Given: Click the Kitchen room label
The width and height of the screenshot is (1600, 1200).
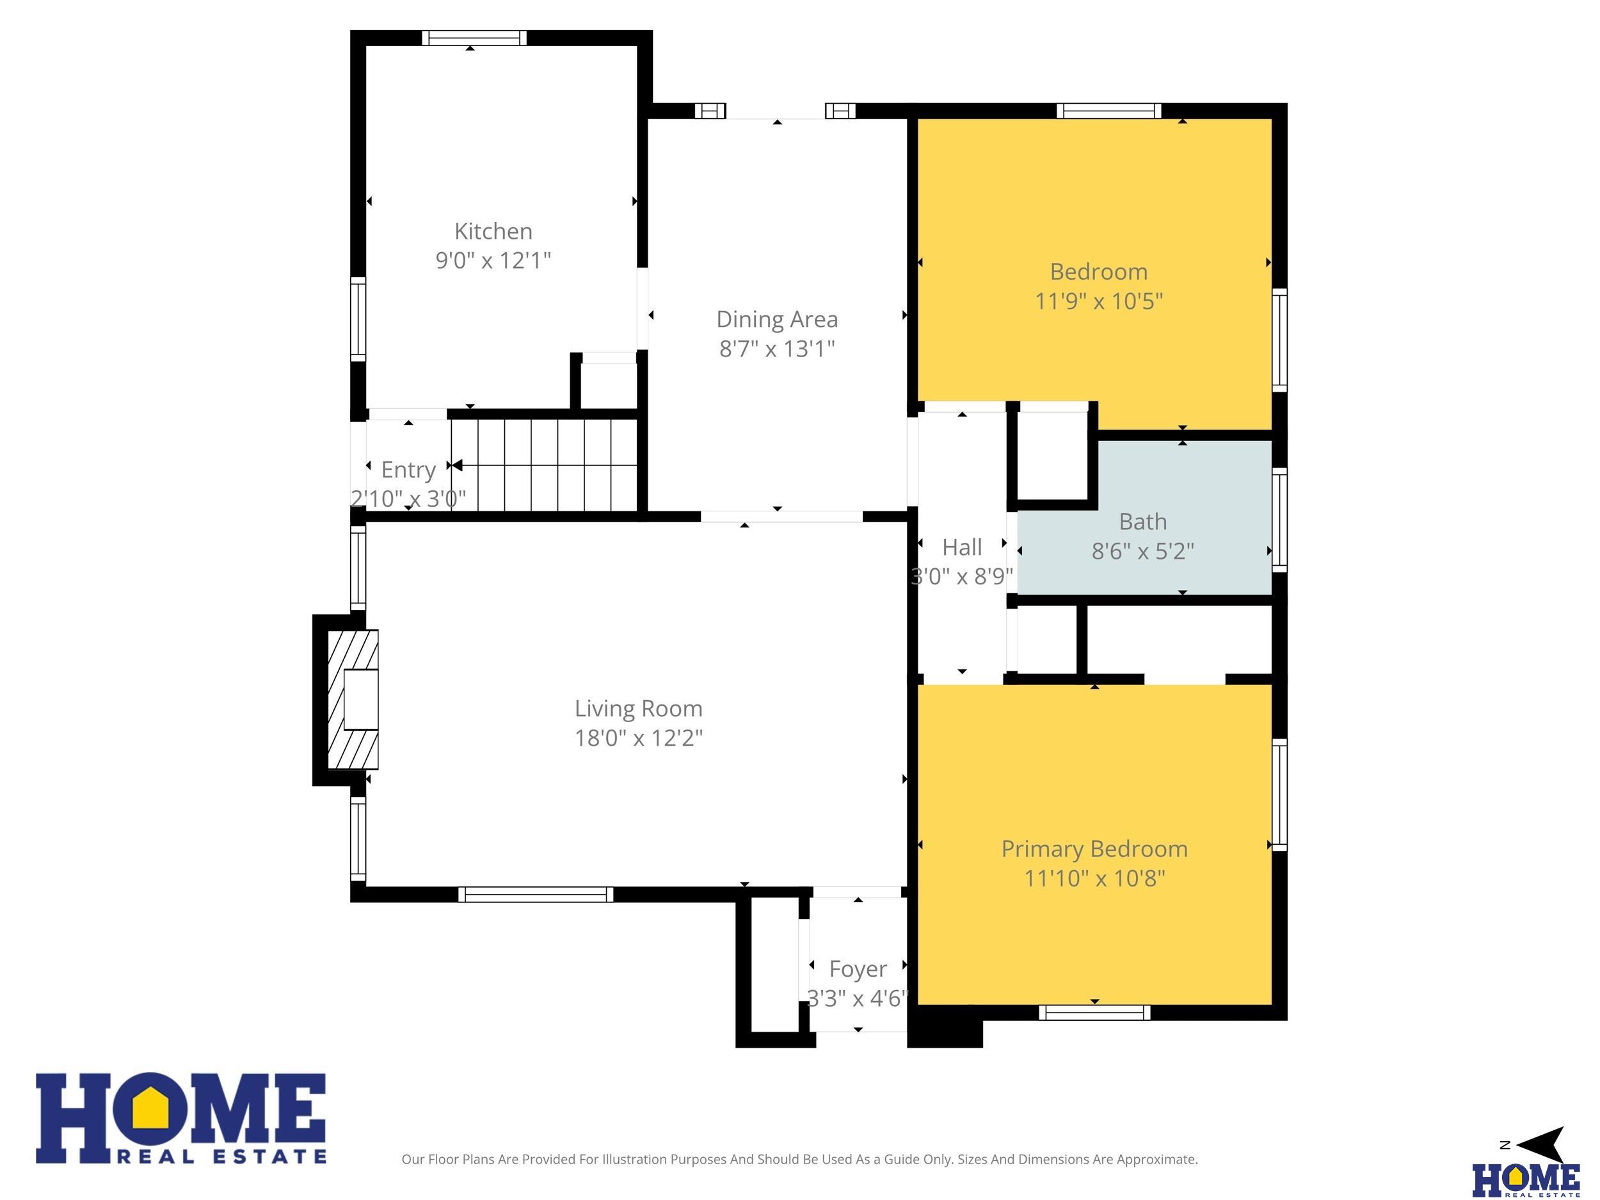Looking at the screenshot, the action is coord(493,232).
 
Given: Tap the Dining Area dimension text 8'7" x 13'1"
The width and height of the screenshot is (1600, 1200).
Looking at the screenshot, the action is coord(777,349).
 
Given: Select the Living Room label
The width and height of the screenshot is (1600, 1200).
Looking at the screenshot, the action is coord(639,708).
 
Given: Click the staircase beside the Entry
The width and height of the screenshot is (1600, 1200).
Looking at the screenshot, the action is coord(544,465).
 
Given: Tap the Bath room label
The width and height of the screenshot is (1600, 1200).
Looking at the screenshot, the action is coord(1143,522).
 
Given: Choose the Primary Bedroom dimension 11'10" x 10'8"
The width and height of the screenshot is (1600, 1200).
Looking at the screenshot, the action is coord(1094,878).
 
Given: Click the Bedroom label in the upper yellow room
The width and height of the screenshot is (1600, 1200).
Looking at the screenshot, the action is coord(1099,272).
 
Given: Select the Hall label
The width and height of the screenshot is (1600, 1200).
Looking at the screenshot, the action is coord(962,548).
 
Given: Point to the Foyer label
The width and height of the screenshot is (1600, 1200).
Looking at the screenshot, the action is coord(858,969).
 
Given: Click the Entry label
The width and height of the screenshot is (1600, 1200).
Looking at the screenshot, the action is coord(409,470).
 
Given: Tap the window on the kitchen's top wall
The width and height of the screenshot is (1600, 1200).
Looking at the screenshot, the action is coord(474,38).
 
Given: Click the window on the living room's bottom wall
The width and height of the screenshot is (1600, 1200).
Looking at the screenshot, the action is coord(536,894).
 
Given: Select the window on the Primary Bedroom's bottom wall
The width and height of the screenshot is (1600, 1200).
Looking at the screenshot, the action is coord(1094,1012).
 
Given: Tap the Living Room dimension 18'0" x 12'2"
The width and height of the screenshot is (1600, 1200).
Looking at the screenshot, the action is coord(639,738).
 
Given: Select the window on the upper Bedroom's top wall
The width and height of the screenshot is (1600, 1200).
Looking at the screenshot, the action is coord(1109,111).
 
